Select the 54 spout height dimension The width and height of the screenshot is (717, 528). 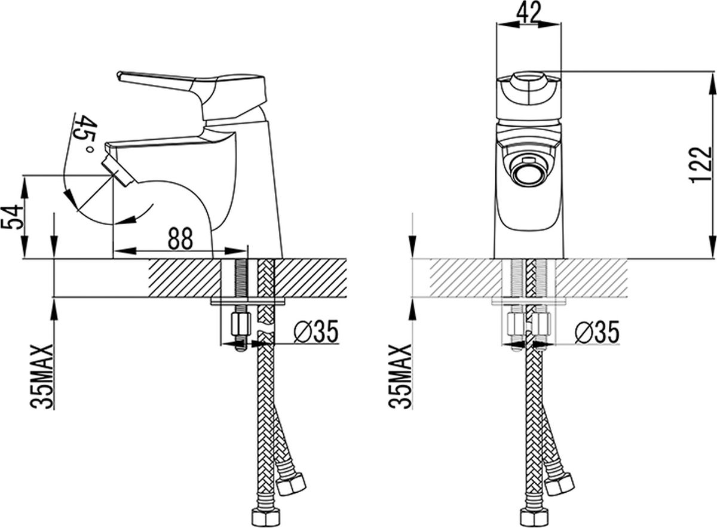(x=13, y=217)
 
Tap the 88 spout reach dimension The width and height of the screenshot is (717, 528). (x=180, y=239)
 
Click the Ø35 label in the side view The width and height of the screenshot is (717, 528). (x=316, y=331)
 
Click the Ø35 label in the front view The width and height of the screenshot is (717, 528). (x=597, y=332)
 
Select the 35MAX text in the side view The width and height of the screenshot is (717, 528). (x=42, y=376)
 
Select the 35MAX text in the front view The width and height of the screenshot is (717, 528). (x=400, y=376)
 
